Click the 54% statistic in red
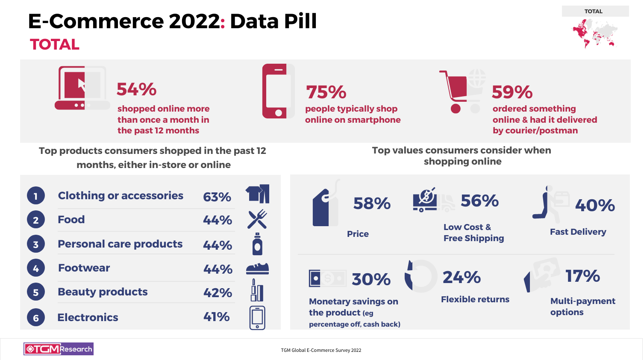(136, 89)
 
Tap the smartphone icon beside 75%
(278, 91)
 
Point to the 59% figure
(512, 92)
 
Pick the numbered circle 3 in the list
(36, 244)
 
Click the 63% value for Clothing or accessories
(217, 197)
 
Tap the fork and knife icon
(257, 219)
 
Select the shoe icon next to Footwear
(257, 269)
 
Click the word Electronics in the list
(88, 317)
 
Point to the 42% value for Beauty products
(218, 293)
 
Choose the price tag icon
(326, 206)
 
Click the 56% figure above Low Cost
(479, 201)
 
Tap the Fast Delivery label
(578, 232)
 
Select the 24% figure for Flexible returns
(462, 277)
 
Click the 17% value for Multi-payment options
(582, 276)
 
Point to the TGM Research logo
(59, 349)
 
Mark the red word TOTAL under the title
(55, 44)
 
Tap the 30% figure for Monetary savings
(371, 280)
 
